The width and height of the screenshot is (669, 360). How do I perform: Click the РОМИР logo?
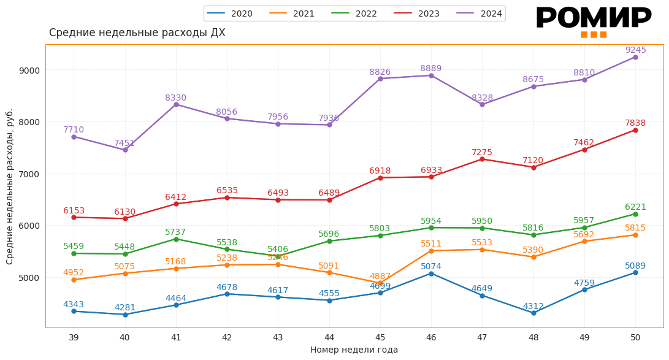click(x=593, y=20)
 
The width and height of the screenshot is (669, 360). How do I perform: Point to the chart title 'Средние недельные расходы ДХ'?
click(x=137, y=33)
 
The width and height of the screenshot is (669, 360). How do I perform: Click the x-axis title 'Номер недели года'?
click(x=354, y=350)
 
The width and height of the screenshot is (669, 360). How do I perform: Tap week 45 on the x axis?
click(x=380, y=338)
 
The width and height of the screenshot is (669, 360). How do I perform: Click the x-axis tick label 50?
click(x=635, y=338)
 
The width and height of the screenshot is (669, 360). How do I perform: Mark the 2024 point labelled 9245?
click(x=635, y=57)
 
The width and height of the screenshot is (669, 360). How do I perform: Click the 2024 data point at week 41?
click(x=176, y=104)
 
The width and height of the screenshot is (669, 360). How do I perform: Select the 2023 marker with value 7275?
click(x=482, y=159)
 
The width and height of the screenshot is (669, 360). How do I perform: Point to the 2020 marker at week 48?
click(x=533, y=313)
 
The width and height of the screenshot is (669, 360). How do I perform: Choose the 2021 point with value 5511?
click(x=431, y=251)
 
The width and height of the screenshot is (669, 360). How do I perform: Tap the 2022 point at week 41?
click(x=176, y=239)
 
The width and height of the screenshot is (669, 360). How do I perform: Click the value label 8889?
click(x=430, y=69)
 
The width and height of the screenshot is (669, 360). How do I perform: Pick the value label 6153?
click(x=74, y=211)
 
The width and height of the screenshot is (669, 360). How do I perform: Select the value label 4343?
click(x=74, y=305)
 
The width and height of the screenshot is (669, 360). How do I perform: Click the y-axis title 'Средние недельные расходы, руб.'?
click(x=10, y=186)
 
